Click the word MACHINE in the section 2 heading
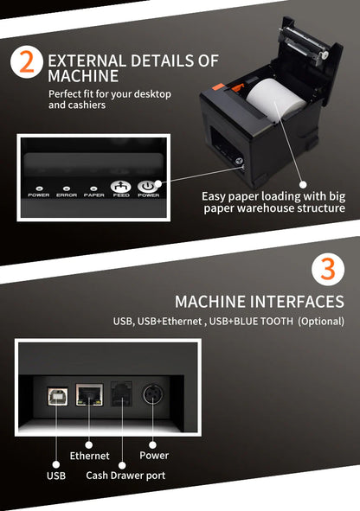pyautogui.click(x=82, y=77)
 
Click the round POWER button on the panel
pyautogui.click(x=148, y=185)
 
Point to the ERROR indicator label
pyautogui.click(x=67, y=195)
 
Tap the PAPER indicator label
pyautogui.click(x=93, y=195)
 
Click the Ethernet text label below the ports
pyautogui.click(x=90, y=456)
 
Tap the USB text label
pyautogui.click(x=55, y=475)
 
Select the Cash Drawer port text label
pyautogui.click(x=125, y=475)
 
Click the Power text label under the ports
pyautogui.click(x=154, y=456)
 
